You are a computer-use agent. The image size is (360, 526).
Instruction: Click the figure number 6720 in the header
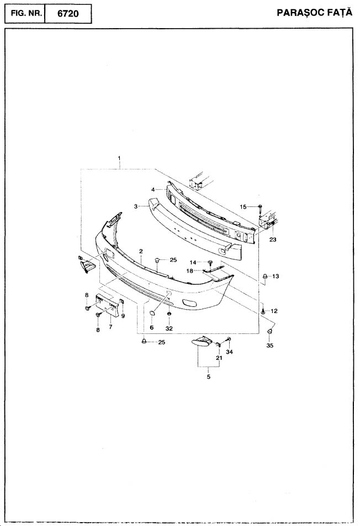[x=68, y=14]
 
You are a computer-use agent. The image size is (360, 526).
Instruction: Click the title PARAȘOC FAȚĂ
[x=314, y=13]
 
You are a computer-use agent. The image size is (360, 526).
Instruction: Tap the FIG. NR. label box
[x=25, y=14]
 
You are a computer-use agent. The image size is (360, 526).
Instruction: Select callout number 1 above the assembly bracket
[x=119, y=158]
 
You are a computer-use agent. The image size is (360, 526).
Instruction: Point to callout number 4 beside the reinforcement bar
[x=152, y=189]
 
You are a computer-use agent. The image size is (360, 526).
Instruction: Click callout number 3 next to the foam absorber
[x=135, y=206]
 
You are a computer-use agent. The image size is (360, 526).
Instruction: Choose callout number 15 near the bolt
[x=243, y=207]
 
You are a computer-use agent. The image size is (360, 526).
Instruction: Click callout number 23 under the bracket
[x=273, y=240]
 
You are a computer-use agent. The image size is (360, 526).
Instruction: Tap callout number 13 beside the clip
[x=276, y=277]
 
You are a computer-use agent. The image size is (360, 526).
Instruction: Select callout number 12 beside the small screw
[x=274, y=311]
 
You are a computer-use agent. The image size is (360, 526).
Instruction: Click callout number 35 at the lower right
[x=270, y=346]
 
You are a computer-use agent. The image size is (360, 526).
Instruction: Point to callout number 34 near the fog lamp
[x=230, y=352]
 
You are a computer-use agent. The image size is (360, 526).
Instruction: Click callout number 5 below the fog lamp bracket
[x=209, y=377]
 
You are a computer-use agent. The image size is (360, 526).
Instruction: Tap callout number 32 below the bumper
[x=169, y=329]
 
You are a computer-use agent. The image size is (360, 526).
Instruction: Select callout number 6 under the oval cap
[x=152, y=327]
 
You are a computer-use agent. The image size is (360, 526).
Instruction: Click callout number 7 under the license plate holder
[x=110, y=326]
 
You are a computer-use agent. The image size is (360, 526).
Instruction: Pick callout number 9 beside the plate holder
[x=123, y=316]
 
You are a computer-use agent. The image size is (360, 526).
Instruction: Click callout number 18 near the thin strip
[x=190, y=270]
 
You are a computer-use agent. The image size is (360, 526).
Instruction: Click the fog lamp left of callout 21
[x=202, y=341]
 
